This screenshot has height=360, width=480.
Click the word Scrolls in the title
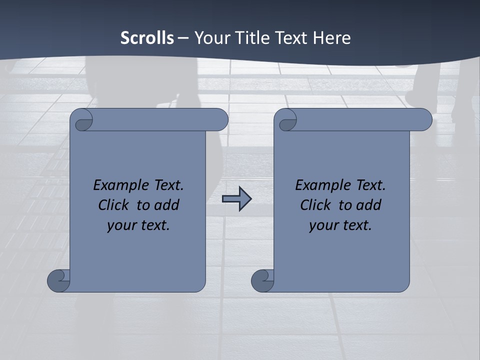click(147, 38)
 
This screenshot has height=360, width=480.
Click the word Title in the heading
click(251, 38)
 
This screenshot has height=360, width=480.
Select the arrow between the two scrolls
click(236, 199)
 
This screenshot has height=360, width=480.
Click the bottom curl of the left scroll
click(59, 280)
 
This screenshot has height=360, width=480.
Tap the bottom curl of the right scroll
click(262, 280)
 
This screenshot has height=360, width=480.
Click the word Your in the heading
click(210, 38)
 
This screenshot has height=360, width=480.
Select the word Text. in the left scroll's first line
click(167, 185)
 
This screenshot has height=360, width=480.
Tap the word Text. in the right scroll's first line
click(369, 185)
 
